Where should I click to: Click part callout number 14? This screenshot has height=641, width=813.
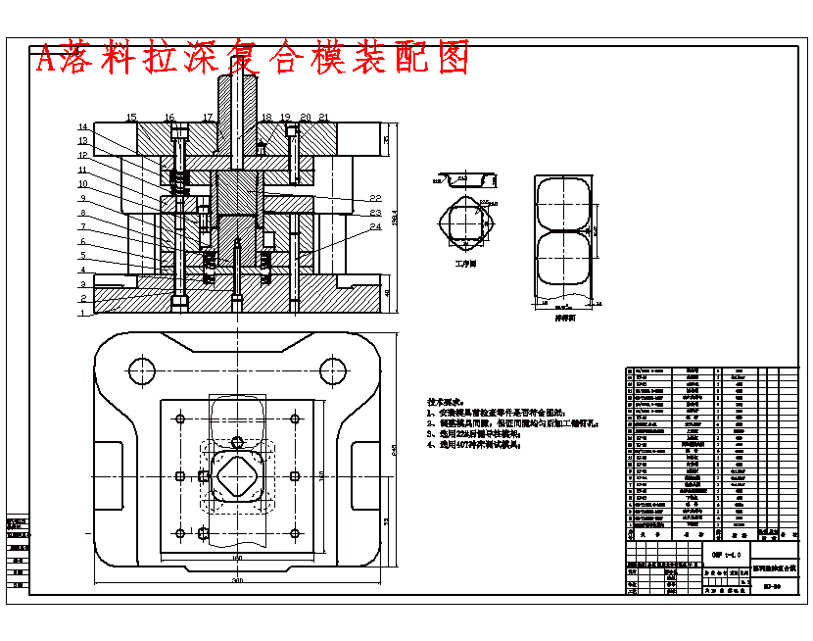(84, 127)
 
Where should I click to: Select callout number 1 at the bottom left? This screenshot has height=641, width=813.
(84, 314)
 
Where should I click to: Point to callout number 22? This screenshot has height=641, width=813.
(374, 199)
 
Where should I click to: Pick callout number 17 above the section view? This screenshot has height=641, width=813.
(208, 118)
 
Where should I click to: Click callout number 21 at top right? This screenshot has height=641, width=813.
(324, 118)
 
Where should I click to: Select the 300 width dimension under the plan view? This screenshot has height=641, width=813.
(236, 581)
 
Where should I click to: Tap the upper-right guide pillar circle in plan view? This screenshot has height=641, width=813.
(332, 370)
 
